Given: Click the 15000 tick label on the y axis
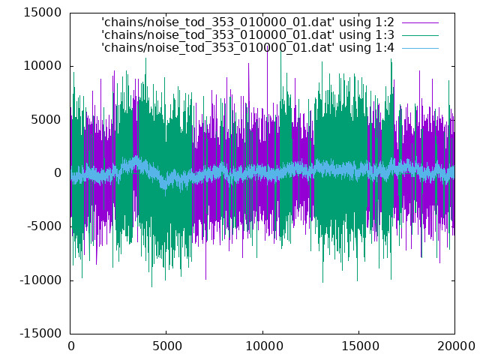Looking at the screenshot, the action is [42, 13].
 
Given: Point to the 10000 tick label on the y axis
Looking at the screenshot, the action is [42, 66].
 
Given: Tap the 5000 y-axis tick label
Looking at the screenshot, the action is [46, 120].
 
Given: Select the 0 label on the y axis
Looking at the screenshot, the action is [58, 173].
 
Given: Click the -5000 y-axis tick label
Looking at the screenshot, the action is [44, 226].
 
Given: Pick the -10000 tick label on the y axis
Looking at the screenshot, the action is [40, 280].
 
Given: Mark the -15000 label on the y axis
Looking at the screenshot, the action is [40, 334].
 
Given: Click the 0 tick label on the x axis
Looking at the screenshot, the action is [71, 346].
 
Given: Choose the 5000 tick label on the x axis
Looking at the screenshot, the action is [166, 346].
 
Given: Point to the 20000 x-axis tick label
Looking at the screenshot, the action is [456, 346].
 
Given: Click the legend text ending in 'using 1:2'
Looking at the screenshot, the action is [248, 22].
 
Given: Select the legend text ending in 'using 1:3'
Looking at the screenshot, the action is [248, 35].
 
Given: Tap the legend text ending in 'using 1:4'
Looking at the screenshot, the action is [248, 48].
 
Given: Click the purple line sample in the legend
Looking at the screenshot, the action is [420, 22].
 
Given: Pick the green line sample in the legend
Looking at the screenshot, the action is [420, 35].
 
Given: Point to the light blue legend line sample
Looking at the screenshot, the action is [420, 48].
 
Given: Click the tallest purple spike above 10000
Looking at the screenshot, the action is [268, 46].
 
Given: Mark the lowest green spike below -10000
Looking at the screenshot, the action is [151, 286].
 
